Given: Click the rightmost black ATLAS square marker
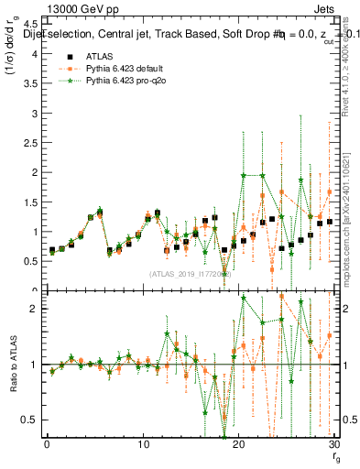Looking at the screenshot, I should (x=330, y=222).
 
